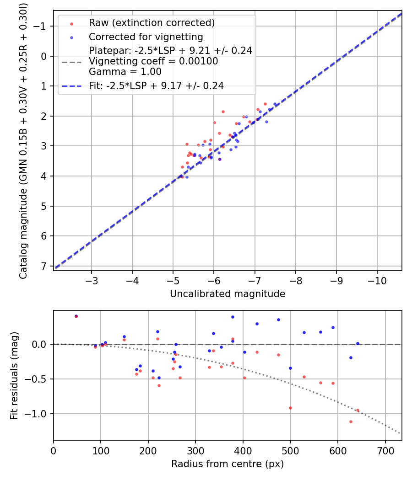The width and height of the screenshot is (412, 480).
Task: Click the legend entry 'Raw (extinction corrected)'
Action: [x=152, y=23]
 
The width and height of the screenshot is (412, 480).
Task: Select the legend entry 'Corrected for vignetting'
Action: [x=146, y=37]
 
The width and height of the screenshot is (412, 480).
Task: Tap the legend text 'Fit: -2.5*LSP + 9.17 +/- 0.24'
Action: [x=156, y=85]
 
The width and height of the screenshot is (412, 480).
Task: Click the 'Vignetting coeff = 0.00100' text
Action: [x=153, y=61]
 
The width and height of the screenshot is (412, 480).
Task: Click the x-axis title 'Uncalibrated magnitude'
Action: [x=228, y=294]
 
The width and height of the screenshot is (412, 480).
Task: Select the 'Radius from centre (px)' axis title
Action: [x=228, y=464]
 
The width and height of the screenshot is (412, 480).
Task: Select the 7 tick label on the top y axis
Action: [x=44, y=266]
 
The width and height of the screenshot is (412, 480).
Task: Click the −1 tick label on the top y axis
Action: [x=41, y=27]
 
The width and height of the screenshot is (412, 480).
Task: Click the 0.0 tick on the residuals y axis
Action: [x=43, y=344]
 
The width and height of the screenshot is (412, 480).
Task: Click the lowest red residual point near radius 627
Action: [x=351, y=421]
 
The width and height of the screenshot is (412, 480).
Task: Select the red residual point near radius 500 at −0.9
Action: [x=290, y=408]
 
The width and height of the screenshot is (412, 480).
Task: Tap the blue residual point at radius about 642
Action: [x=358, y=343]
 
